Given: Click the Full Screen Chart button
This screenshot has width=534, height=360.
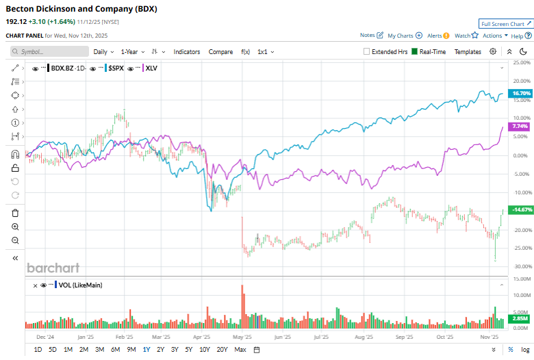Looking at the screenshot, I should tap(505, 23).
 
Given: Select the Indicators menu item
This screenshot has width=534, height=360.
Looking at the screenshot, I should tap(187, 51).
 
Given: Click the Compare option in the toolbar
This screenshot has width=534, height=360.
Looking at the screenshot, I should tap(220, 51).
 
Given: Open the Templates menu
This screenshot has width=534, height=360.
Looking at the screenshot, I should tap(468, 51).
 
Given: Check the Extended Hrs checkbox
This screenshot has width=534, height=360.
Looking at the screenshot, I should tap(367, 51).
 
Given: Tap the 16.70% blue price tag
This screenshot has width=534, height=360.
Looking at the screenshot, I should tap(521, 93).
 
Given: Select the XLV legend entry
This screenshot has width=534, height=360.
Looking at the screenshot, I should tap(151, 68).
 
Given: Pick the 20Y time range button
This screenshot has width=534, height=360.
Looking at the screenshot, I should tap(222, 350).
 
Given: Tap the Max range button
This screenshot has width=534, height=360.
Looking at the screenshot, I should tap(240, 350).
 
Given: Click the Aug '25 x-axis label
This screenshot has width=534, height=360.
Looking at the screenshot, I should tap(364, 337).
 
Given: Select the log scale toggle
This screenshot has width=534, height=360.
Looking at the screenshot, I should tap(524, 350).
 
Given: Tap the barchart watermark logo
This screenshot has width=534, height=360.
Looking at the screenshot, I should tap(53, 268).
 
